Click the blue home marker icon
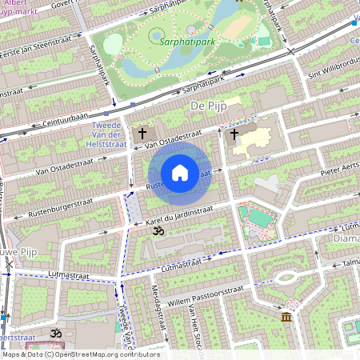click(180, 173)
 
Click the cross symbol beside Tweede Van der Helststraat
click(143, 134)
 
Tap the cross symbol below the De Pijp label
click(234, 134)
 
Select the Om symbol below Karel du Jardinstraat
click(157, 231)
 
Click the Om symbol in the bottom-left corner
click(56, 332)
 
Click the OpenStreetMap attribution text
click(80, 354)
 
